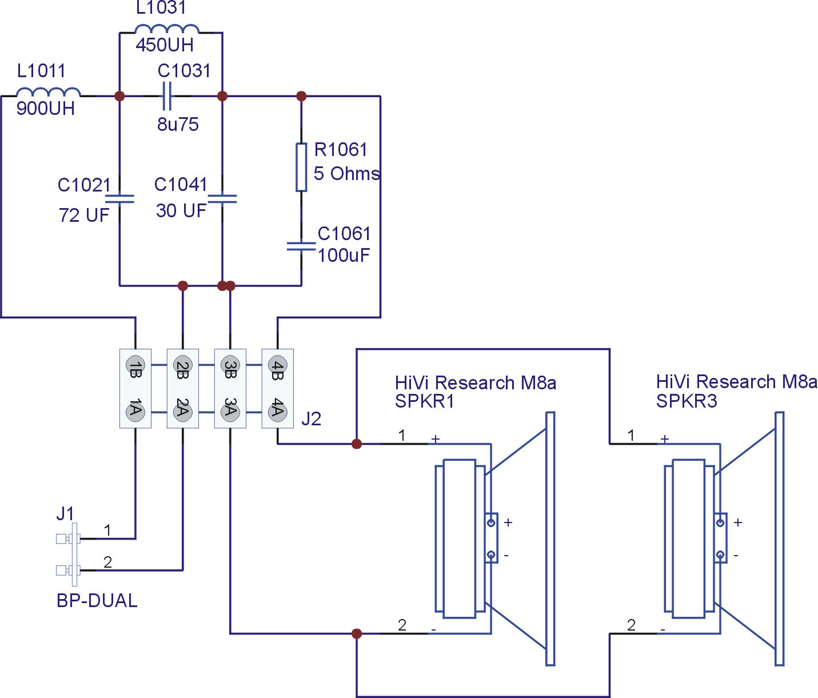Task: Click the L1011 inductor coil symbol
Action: pyautogui.click(x=48, y=92)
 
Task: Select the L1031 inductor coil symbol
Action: pyautogui.click(x=166, y=29)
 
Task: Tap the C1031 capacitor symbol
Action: pyautogui.click(x=167, y=96)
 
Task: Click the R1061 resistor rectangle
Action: pyautogui.click(x=301, y=167)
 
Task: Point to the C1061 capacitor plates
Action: pyautogui.click(x=301, y=246)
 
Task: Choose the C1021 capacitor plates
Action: pyautogui.click(x=119, y=198)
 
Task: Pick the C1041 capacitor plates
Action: pyautogui.click(x=222, y=198)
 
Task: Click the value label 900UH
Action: pyautogui.click(x=46, y=109)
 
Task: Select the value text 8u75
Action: pyautogui.click(x=178, y=124)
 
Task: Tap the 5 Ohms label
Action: pyautogui.click(x=346, y=174)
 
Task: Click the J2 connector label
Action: pyautogui.click(x=311, y=418)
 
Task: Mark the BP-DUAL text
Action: pyautogui.click(x=97, y=601)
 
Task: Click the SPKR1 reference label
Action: pyautogui.click(x=424, y=401)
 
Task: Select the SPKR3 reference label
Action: pyautogui.click(x=687, y=401)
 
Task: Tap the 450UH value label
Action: pyautogui.click(x=165, y=45)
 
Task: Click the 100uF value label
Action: pyautogui.click(x=344, y=256)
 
